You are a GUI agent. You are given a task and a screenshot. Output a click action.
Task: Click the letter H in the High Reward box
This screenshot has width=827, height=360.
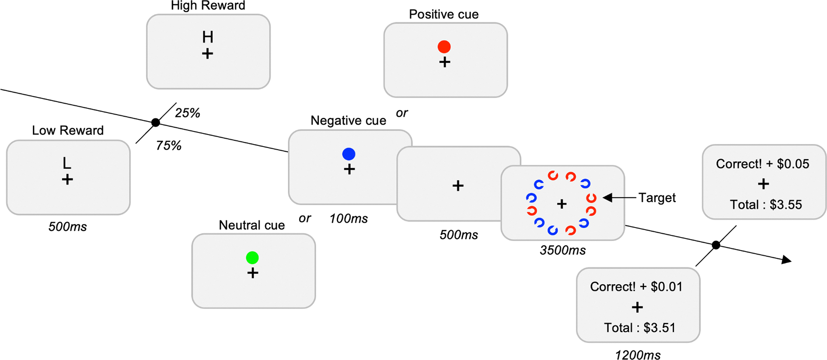click(208, 37)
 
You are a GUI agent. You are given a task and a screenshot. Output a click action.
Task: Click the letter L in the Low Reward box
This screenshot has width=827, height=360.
click(66, 163)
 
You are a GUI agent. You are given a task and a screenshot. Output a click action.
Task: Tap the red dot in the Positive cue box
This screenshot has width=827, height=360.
click(444, 46)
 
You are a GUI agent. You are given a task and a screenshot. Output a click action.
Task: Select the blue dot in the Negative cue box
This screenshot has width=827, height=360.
click(349, 154)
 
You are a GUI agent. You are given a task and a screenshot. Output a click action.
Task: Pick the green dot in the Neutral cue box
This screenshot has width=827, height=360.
click(252, 258)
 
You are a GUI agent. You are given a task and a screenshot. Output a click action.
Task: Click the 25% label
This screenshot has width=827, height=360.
click(187, 113)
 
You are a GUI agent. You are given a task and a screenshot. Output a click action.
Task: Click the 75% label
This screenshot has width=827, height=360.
click(168, 146)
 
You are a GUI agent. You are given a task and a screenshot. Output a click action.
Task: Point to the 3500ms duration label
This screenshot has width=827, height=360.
click(562, 250)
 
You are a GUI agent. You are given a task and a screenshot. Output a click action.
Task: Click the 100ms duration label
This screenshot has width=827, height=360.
click(349, 218)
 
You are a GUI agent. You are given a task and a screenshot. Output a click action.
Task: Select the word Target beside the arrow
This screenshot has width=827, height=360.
click(657, 198)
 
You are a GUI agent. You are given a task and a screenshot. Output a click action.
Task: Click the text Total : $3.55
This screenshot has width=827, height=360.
click(766, 204)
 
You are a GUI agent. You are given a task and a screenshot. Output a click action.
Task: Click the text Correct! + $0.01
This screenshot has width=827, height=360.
click(636, 287)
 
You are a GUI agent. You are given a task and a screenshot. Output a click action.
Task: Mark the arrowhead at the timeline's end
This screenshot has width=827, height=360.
click(787, 260)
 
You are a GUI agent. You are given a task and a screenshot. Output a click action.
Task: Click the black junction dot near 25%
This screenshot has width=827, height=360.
click(155, 122)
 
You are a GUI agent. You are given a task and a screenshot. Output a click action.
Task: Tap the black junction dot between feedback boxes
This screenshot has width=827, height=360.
click(715, 245)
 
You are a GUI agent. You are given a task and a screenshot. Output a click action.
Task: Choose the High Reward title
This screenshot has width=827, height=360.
click(208, 6)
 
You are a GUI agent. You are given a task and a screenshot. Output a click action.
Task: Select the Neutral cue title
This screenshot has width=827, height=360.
click(251, 225)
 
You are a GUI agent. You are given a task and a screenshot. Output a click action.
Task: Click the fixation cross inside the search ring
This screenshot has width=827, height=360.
click(562, 204)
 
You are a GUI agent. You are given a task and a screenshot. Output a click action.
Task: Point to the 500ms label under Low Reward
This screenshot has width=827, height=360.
click(67, 227)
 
